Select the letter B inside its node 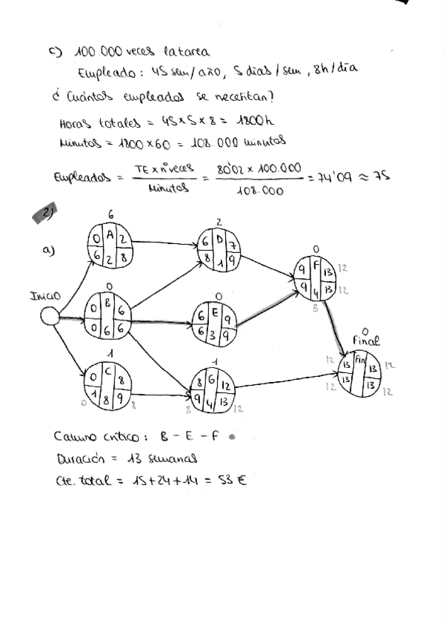(x=109, y=303)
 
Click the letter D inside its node (x=219, y=237)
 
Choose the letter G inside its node (x=213, y=380)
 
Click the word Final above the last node (x=365, y=340)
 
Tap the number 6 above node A (x=110, y=214)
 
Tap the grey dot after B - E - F (x=232, y=437)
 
